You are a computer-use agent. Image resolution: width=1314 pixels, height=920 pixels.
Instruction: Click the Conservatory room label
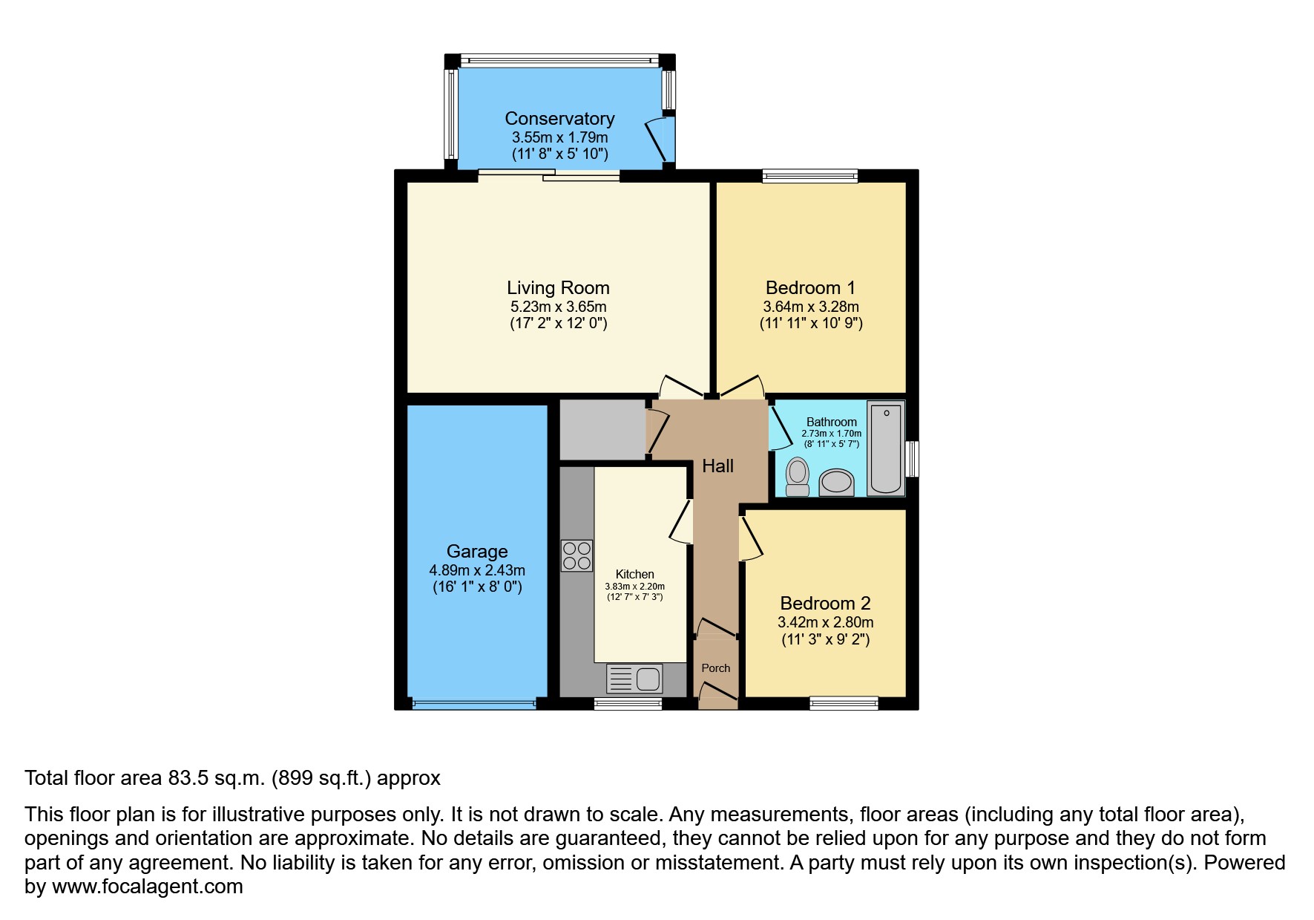[x=559, y=119]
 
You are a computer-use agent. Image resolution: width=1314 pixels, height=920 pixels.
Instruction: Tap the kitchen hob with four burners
[x=576, y=555]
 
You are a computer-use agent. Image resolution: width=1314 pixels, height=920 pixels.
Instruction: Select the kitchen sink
[x=635, y=679]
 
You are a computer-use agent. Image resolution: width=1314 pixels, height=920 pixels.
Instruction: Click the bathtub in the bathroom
[x=885, y=448]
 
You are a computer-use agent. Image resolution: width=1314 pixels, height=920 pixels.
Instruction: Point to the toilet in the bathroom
[x=798, y=476]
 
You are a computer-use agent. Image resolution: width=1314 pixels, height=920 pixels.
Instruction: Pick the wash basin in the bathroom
[x=836, y=482]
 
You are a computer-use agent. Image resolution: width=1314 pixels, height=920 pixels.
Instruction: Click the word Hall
[x=717, y=466]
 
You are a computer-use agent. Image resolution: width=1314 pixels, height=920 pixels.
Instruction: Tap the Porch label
[x=716, y=668]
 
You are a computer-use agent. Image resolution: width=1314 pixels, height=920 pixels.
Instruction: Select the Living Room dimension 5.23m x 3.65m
[x=558, y=307]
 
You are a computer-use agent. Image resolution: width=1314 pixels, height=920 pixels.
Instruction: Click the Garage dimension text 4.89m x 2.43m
[x=477, y=570]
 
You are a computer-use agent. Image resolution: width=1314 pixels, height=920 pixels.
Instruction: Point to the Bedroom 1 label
[x=810, y=288]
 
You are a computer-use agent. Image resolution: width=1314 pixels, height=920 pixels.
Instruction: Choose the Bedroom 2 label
[x=825, y=604]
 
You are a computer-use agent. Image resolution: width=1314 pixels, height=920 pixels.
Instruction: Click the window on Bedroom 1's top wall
[x=810, y=176]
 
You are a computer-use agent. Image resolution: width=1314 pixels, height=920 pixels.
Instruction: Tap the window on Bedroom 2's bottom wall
[x=844, y=703]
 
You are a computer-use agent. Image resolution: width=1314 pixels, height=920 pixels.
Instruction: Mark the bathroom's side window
[x=913, y=459]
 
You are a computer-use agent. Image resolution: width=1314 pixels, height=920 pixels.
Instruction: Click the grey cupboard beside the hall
[x=602, y=430]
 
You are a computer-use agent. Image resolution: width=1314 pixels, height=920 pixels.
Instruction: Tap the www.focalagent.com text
[x=147, y=887]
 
